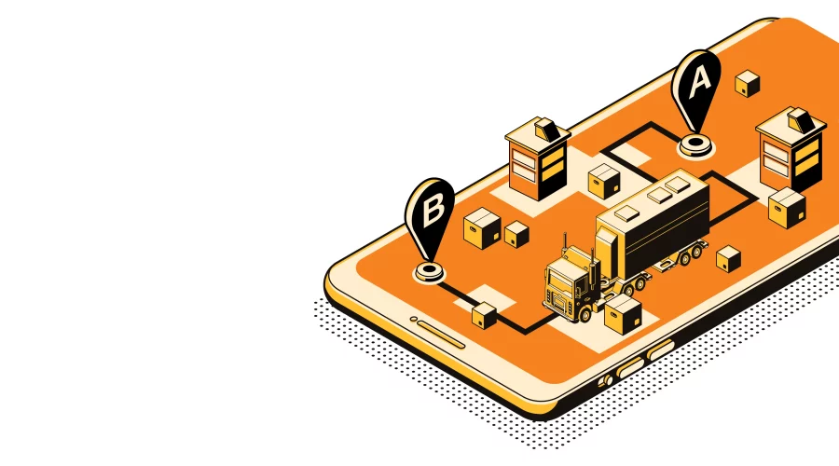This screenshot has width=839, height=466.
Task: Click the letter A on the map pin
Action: [x=700, y=82]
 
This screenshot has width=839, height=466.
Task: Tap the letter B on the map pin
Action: [x=433, y=211]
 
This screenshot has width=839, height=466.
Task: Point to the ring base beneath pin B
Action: [x=429, y=271]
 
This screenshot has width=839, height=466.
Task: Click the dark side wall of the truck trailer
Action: [x=667, y=236]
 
